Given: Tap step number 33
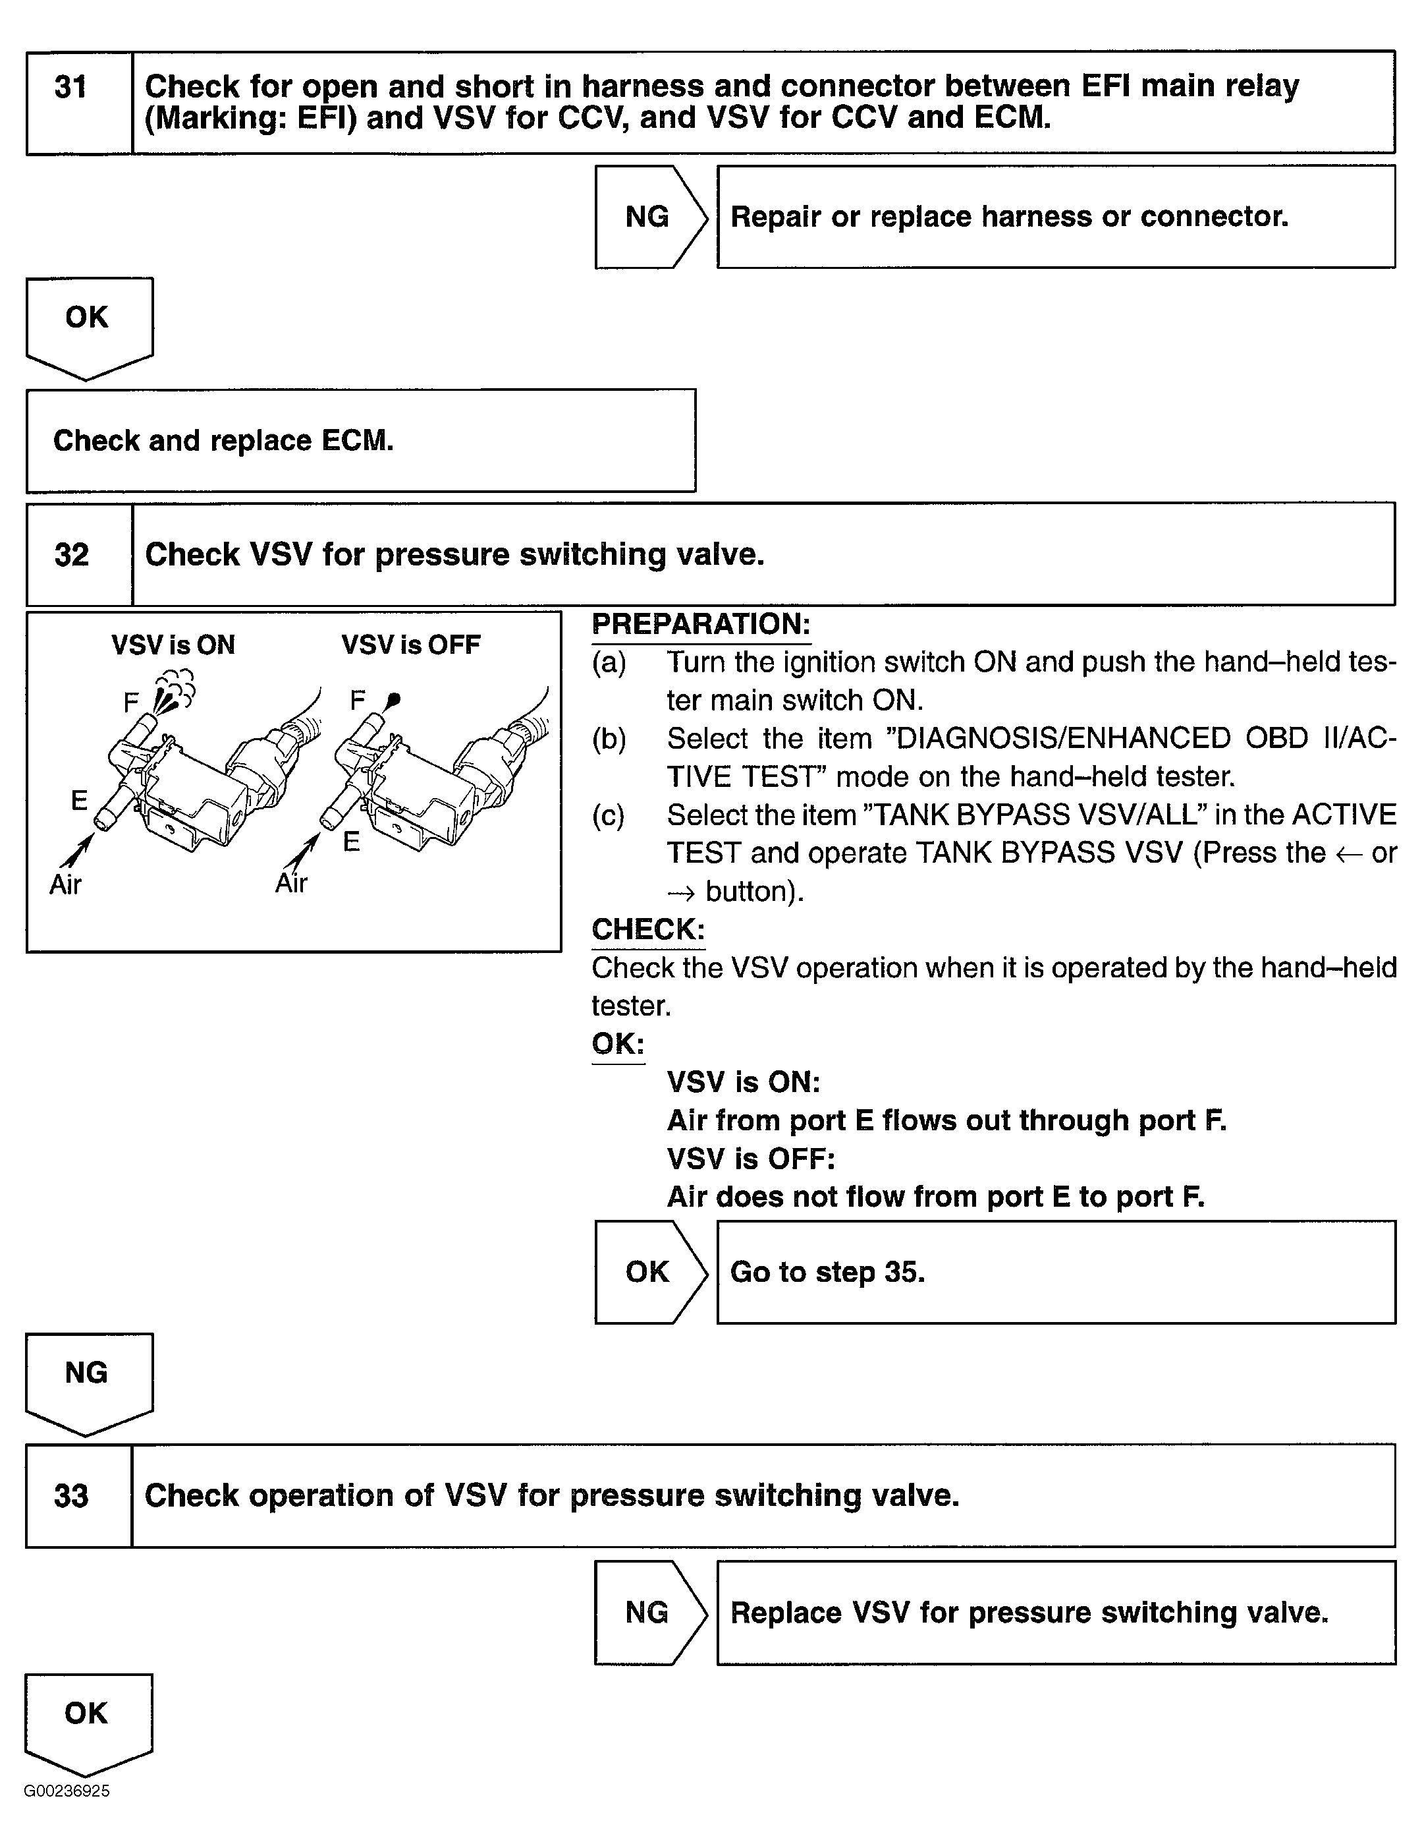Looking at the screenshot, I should (72, 1496).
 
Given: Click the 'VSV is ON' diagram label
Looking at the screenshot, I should (173, 646).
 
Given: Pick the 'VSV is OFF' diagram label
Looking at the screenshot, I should (410, 646).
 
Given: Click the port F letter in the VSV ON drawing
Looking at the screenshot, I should (131, 703).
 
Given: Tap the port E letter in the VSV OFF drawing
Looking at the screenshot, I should (352, 842).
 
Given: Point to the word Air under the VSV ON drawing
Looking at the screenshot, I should (66, 885).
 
